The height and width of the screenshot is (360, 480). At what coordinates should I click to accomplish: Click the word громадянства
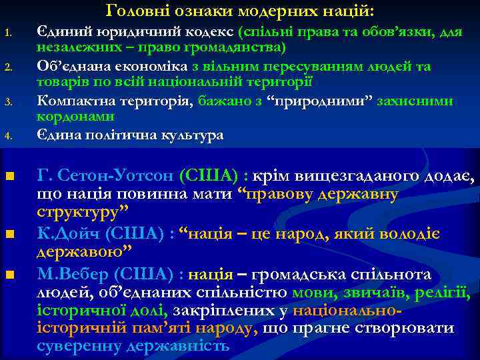pos(238,48)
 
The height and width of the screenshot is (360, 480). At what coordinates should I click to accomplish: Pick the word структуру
pos(82,213)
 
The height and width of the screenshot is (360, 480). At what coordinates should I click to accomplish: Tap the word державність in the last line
pos(180,347)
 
